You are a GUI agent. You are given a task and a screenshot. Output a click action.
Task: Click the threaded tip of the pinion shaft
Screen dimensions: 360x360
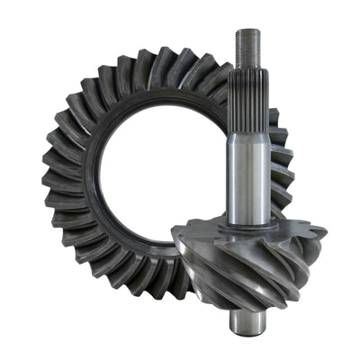[x=247, y=49]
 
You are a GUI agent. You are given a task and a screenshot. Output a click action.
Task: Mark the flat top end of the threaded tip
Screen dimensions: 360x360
[x=247, y=31]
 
